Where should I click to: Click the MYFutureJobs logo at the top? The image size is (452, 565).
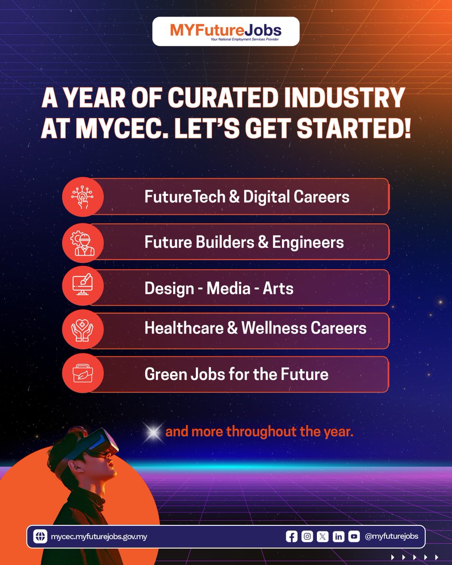click(x=226, y=32)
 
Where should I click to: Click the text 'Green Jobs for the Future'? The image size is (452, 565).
click(x=236, y=374)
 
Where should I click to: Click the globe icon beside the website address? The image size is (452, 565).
click(x=40, y=536)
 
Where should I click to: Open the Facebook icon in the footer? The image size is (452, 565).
click(x=292, y=536)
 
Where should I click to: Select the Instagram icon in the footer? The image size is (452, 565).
click(x=307, y=536)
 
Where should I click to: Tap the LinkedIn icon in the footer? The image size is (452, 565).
click(x=339, y=536)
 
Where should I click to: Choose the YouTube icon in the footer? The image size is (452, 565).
click(x=354, y=536)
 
